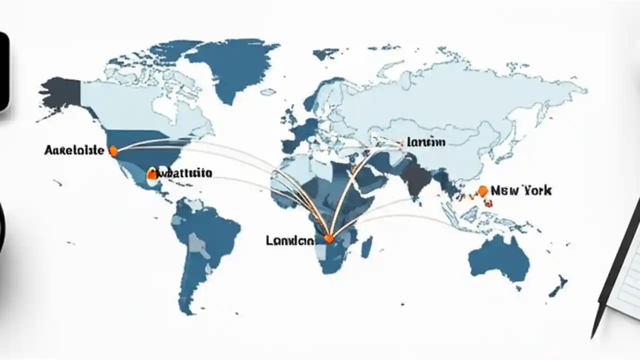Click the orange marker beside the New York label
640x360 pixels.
482,190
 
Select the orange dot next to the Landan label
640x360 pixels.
328,238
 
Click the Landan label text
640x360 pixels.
290,240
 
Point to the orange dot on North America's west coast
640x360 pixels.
113,149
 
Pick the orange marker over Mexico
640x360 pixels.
152,174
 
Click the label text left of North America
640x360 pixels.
74,150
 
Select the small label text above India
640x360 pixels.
426,142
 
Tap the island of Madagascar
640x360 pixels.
366,247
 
